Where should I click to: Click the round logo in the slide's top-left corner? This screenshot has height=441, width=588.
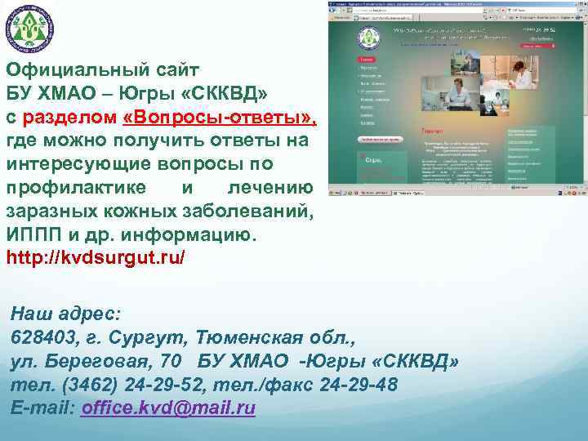click(29, 29)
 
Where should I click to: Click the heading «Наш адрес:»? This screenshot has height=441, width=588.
click(65, 314)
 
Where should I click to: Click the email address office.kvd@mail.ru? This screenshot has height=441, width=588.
click(168, 408)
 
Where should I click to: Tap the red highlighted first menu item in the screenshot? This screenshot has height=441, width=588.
click(368, 60)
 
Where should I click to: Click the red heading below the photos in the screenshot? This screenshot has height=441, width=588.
click(433, 131)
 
